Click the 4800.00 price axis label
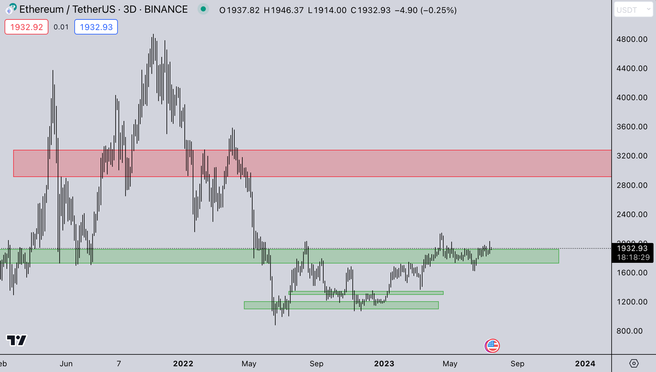click(x=632, y=39)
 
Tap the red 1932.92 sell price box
click(x=26, y=27)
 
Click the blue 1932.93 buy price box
click(x=96, y=27)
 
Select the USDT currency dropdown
click(x=633, y=10)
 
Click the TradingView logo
click(x=17, y=340)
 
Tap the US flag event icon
click(x=492, y=346)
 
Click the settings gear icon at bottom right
click(x=634, y=363)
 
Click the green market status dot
click(x=203, y=9)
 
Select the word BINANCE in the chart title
click(x=166, y=9)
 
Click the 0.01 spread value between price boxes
click(x=61, y=27)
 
